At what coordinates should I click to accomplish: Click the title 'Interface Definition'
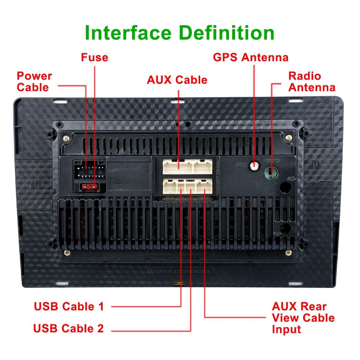pos(180,33)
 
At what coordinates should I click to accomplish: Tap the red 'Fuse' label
pos(94,57)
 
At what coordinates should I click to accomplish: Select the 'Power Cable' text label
pos(35,81)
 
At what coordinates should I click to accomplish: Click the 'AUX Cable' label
pos(177,80)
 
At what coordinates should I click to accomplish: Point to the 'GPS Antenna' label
pos(251,57)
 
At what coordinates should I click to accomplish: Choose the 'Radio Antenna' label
pos(312,81)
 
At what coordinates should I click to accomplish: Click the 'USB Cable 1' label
pos(69,306)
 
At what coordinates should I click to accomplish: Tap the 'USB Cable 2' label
pos(68,328)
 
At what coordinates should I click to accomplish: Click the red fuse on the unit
pos(89,187)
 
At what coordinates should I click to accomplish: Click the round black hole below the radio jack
pos(285,188)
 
